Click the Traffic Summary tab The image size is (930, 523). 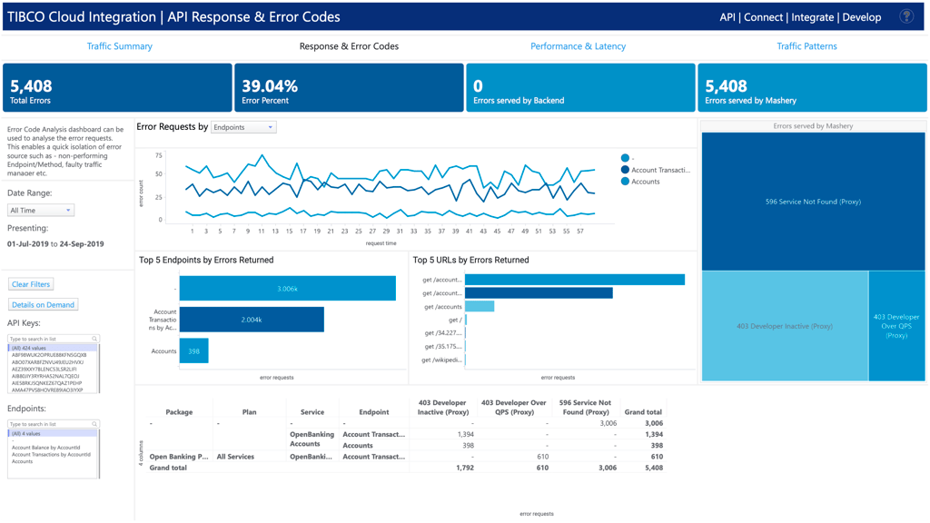[119, 46]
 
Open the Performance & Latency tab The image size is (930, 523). [578, 46]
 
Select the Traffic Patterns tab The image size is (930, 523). [806, 46]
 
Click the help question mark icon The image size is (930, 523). [905, 16]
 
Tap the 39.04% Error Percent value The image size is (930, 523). [270, 86]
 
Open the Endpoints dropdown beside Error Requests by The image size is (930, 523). [243, 128]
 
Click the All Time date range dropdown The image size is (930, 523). [41, 211]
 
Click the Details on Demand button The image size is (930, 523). [43, 305]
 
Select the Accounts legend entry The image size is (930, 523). [645, 182]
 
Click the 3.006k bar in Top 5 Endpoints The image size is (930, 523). [287, 289]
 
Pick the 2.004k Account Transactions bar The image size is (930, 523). [252, 320]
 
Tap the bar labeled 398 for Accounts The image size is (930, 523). [193, 350]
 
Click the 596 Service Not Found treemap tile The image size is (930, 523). [813, 202]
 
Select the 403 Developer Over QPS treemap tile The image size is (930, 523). [896, 326]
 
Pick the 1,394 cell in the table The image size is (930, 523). [463, 435]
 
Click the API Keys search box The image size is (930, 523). [53, 339]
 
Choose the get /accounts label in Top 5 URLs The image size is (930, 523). [443, 307]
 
